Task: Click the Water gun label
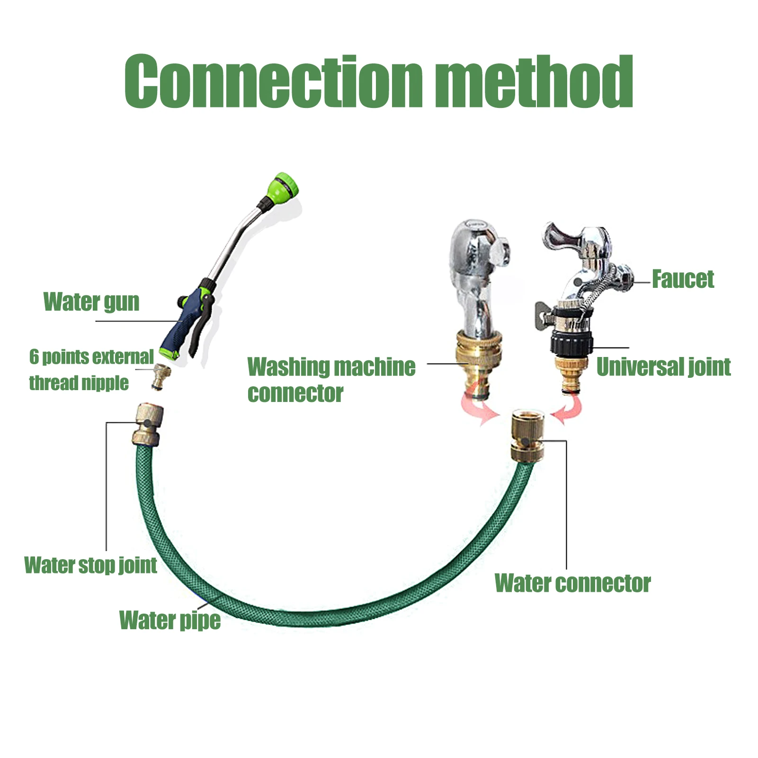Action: coord(91,302)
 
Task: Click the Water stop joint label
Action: coord(90,565)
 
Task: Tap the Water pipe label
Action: coord(169,620)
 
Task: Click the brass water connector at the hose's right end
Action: coord(527,436)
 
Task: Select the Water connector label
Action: coord(572,583)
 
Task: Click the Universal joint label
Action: coord(663,367)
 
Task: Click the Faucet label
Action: coord(683,279)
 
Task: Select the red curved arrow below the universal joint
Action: coord(568,408)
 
